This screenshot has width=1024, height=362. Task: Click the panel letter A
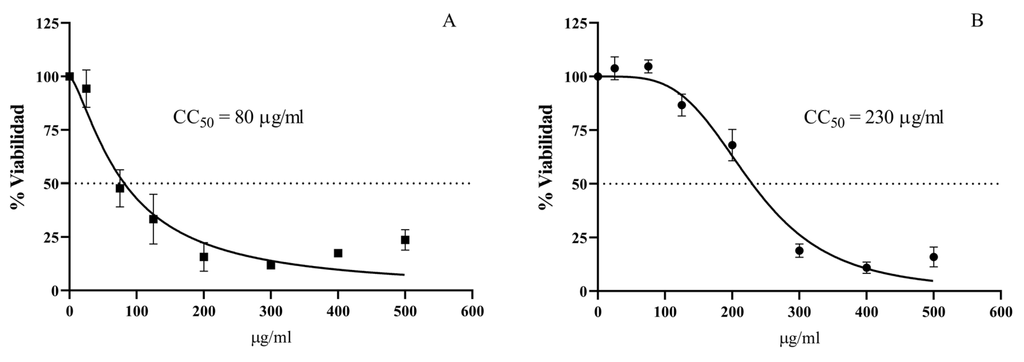pyautogui.click(x=449, y=21)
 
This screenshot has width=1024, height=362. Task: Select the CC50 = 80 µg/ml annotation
pyautogui.click(x=238, y=118)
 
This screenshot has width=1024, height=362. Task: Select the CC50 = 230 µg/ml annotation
pyautogui.click(x=873, y=118)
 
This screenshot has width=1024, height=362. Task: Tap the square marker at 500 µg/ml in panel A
pyautogui.click(x=405, y=240)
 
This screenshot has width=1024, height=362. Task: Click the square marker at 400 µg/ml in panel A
pyautogui.click(x=338, y=253)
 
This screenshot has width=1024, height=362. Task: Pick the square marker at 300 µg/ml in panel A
pyautogui.click(x=271, y=265)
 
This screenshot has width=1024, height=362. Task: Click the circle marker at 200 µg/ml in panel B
pyautogui.click(x=732, y=145)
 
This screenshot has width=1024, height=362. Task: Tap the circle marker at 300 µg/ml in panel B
pyautogui.click(x=799, y=251)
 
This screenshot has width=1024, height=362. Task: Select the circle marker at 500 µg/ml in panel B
pyautogui.click(x=934, y=257)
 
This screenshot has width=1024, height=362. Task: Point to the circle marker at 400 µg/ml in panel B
pyautogui.click(x=867, y=268)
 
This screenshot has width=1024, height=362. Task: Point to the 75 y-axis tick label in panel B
pyautogui.click(x=579, y=130)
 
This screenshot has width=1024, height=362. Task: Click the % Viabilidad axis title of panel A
pyautogui.click(x=17, y=157)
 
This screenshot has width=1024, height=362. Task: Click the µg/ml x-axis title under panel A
pyautogui.click(x=272, y=338)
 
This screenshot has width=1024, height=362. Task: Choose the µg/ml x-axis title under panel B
pyautogui.click(x=800, y=338)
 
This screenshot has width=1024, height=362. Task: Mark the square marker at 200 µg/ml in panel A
pyautogui.click(x=203, y=257)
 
